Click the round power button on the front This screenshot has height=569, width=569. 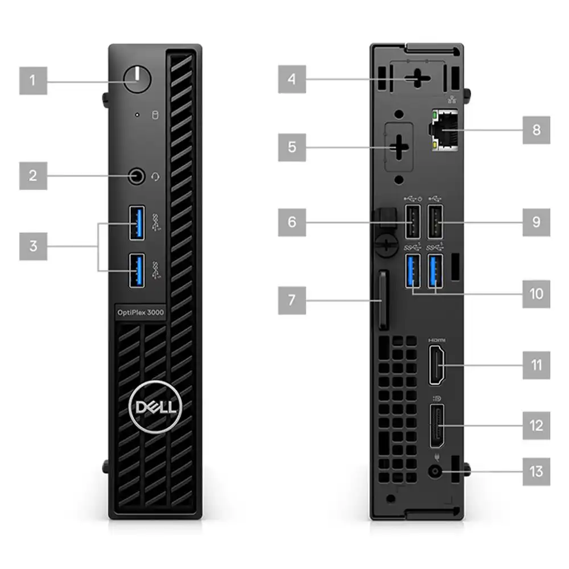click(137, 79)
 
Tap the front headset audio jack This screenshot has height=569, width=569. click(137, 176)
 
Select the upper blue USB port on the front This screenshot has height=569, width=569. click(137, 222)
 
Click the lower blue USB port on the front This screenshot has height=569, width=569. click(137, 271)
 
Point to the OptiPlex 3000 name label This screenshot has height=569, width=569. click(141, 312)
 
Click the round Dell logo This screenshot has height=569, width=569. click(155, 407)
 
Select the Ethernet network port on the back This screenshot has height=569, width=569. click(443, 130)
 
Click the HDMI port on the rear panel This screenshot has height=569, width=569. click(436, 365)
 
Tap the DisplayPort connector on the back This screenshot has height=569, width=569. click(436, 426)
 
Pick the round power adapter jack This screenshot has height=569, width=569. click(435, 472)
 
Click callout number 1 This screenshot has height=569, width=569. click(33, 81)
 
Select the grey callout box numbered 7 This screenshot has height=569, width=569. click(292, 300)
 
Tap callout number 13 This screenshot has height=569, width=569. click(537, 472)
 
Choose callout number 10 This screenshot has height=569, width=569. click(537, 294)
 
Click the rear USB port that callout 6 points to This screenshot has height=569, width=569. click(413, 222)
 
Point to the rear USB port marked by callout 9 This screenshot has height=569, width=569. click(435, 222)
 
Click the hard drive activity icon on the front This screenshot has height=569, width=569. click(155, 115)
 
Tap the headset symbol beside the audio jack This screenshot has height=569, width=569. click(155, 177)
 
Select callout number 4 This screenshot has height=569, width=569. click(292, 79)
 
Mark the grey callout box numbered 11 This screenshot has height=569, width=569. click(537, 365)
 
